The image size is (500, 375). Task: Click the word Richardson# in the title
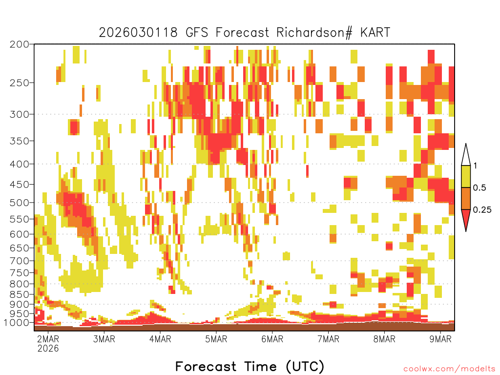[314, 33]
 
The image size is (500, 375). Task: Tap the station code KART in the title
[375, 32]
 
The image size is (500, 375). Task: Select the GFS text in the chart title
[197, 32]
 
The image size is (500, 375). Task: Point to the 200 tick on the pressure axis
[20, 44]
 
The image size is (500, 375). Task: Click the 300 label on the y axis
[20, 114]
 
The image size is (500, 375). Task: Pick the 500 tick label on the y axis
[20, 203]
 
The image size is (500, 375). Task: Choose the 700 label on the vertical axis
[20, 261]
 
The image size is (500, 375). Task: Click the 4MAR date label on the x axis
[160, 339]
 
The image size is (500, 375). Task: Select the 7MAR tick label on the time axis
[329, 339]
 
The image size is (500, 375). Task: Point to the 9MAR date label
[440, 339]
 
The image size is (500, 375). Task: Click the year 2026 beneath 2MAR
[48, 348]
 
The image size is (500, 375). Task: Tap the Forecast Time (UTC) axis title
[250, 366]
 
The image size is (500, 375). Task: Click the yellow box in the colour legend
[466, 177]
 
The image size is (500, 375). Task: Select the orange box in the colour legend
[466, 199]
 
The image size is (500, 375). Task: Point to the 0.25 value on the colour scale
[482, 210]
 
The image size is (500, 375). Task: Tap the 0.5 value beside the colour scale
[479, 188]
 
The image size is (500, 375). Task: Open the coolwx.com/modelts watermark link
[449, 369]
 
